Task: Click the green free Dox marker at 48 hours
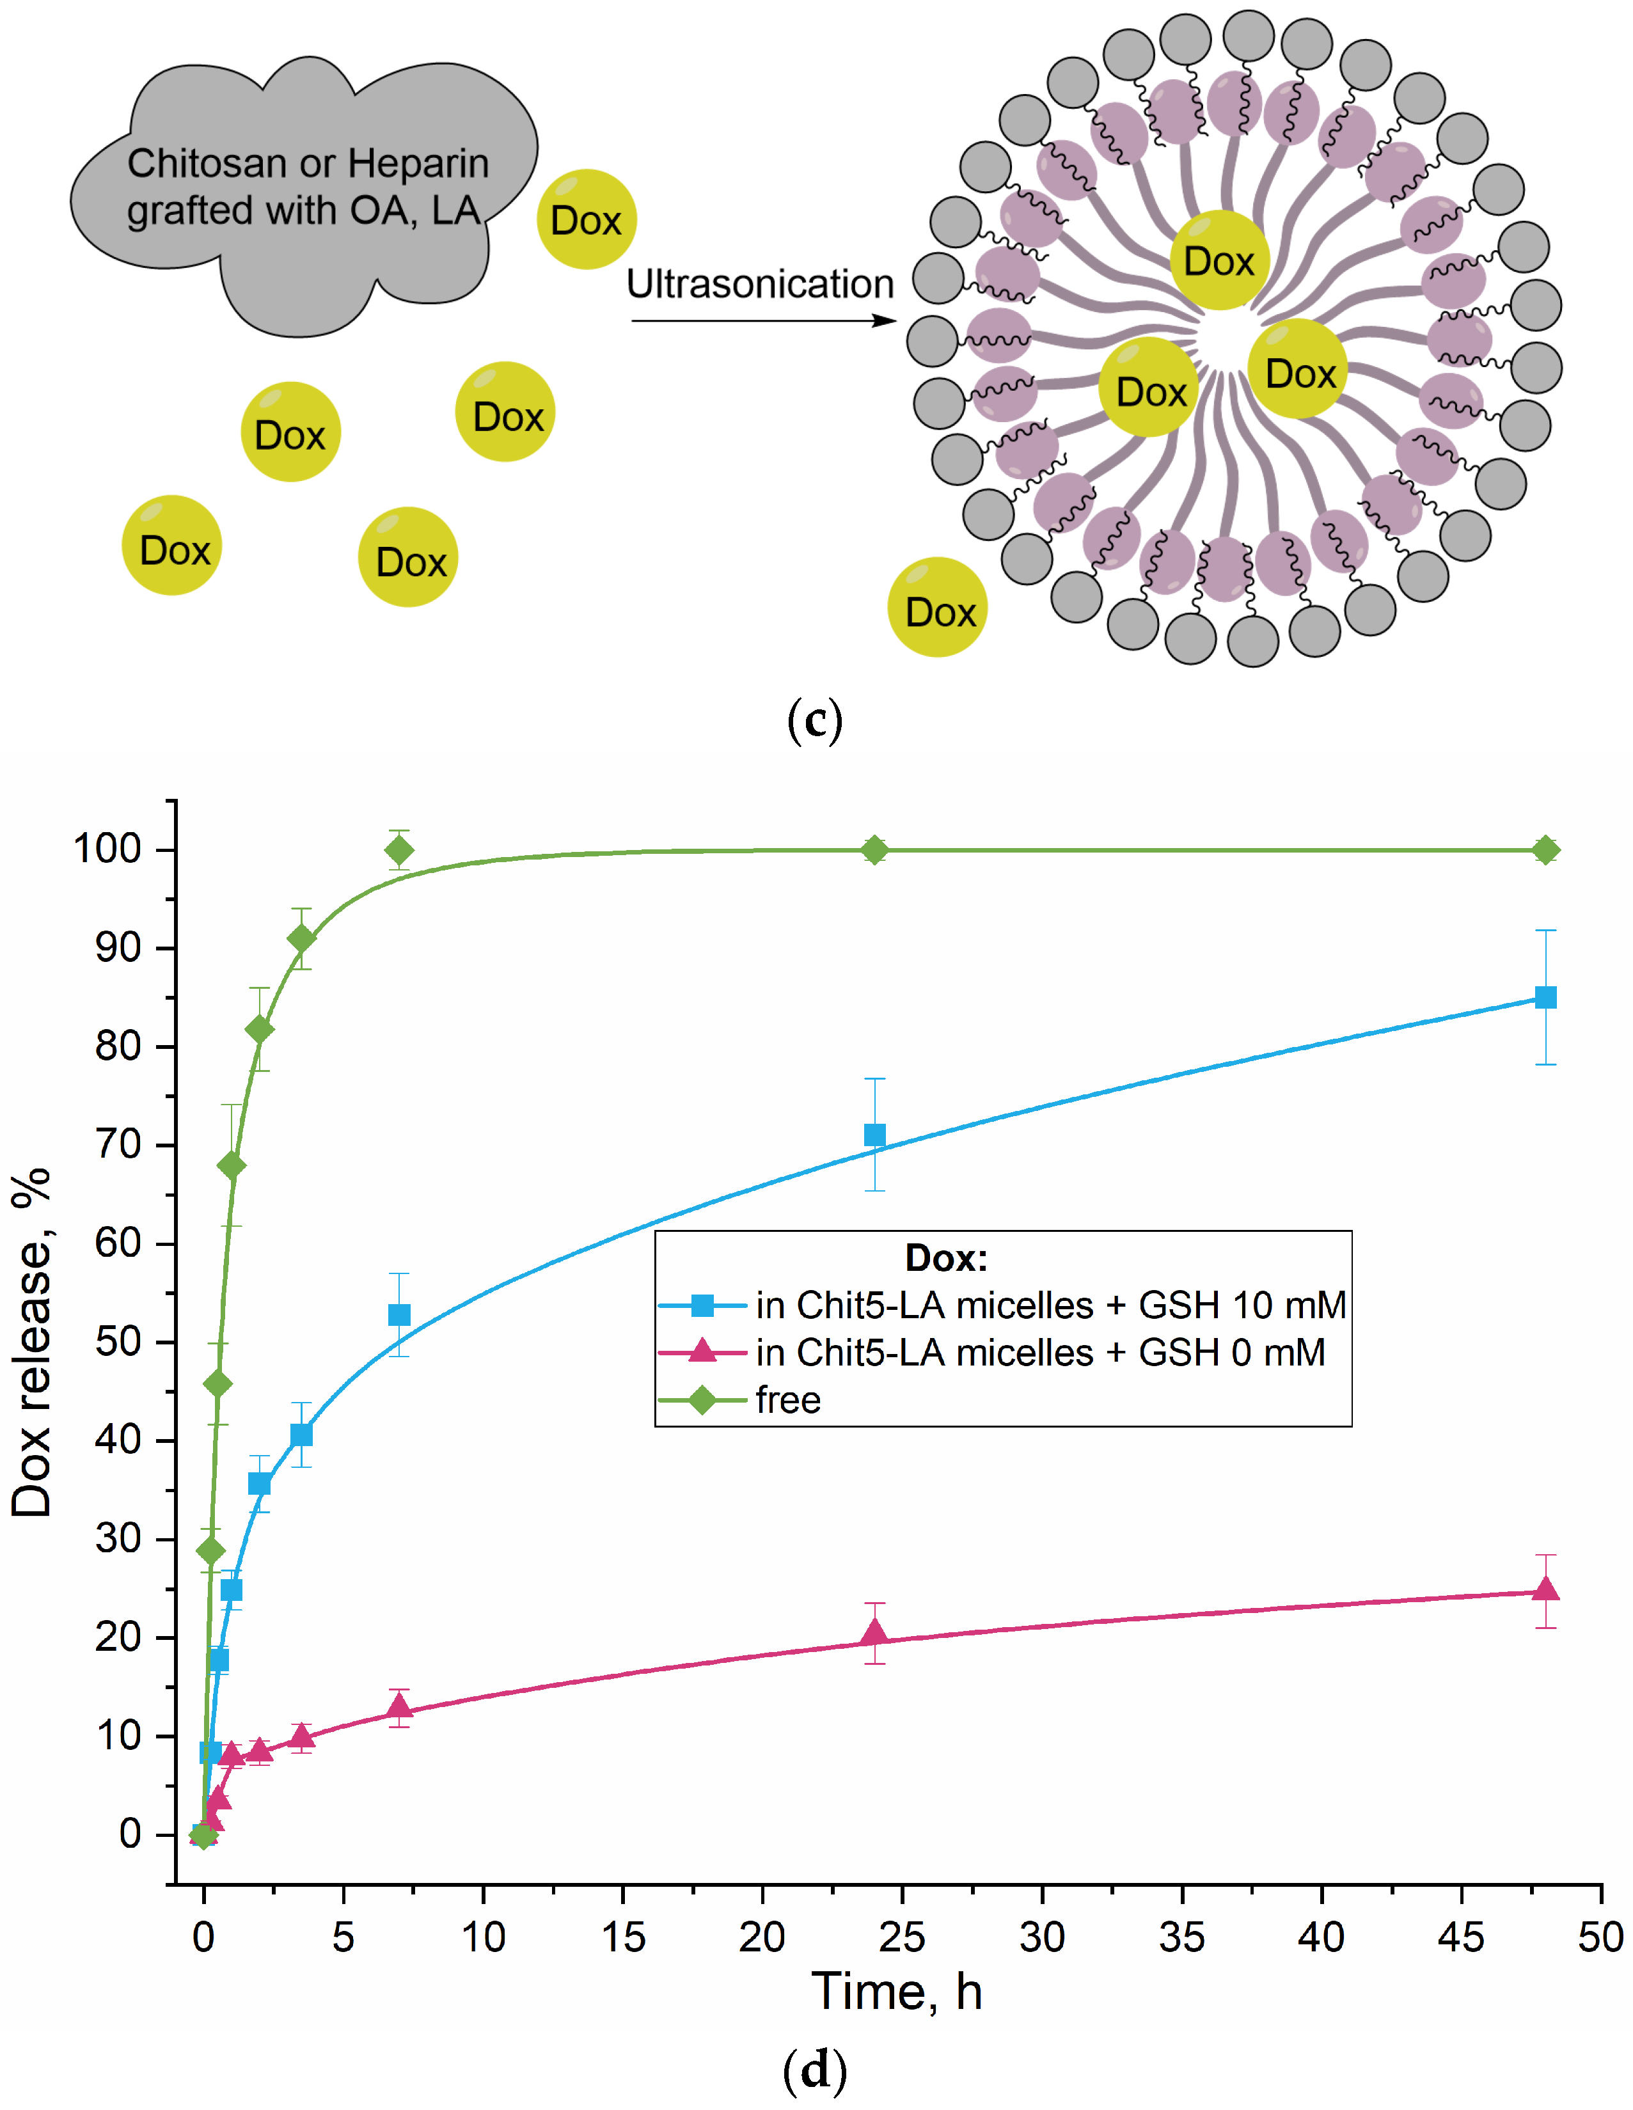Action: click(x=1545, y=850)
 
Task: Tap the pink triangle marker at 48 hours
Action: click(x=1545, y=1589)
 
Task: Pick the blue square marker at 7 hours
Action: click(x=399, y=1315)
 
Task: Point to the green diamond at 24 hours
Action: click(x=874, y=850)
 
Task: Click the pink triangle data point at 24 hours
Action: click(x=874, y=1632)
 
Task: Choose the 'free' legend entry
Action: click(x=787, y=1400)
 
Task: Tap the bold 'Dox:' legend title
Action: click(x=946, y=1258)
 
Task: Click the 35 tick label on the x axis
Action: click(x=1181, y=1937)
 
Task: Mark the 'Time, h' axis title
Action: click(x=897, y=1992)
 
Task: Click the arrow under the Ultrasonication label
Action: click(x=763, y=320)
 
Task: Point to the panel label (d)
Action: click(x=814, y=2068)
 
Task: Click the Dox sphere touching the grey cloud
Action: click(x=587, y=219)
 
